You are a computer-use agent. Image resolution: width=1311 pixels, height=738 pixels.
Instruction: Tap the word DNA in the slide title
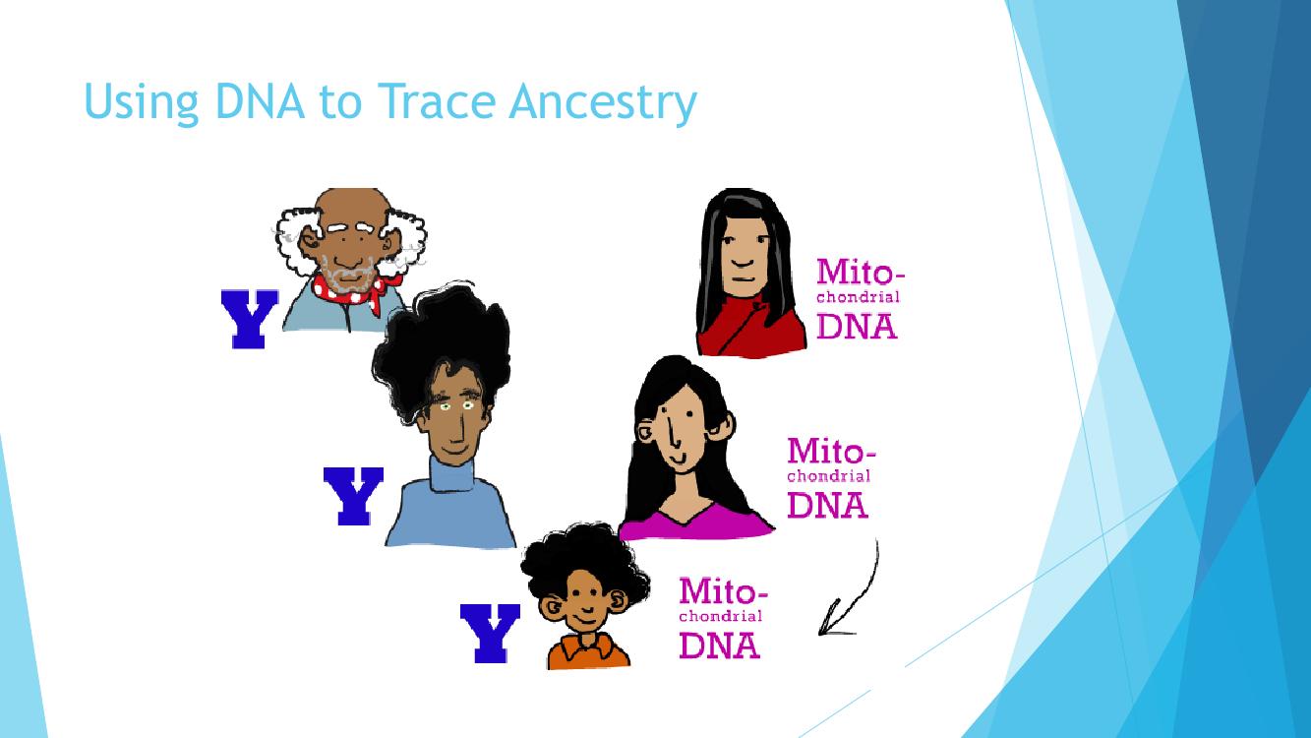coord(260,101)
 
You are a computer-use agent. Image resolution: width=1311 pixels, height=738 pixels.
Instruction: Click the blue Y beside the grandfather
coord(250,319)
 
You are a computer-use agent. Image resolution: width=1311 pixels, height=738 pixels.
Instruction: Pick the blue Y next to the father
coord(353,496)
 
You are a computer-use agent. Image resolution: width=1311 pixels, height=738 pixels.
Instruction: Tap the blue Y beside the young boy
coord(490,633)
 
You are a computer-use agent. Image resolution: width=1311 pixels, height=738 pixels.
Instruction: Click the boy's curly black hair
coord(584,559)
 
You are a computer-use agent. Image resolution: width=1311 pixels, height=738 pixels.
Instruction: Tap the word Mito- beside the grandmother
coord(861,273)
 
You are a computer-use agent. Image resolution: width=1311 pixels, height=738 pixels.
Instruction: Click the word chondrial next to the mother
coord(829,475)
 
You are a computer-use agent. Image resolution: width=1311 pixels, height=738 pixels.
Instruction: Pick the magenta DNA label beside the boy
coord(719,646)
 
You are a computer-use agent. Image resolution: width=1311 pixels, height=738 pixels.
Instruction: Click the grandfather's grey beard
coord(349,274)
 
